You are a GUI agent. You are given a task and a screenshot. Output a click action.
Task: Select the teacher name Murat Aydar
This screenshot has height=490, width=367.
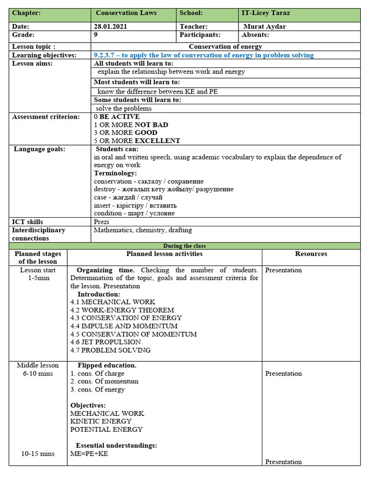pos(265,27)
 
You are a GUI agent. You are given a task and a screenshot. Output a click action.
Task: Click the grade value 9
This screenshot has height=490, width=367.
pos(96,35)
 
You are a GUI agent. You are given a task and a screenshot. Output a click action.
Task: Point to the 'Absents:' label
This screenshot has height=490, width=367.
pos(256,35)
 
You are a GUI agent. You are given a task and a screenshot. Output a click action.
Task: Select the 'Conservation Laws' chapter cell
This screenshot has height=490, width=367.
pos(126,13)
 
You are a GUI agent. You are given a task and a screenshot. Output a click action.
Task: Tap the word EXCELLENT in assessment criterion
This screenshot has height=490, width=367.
pos(157,141)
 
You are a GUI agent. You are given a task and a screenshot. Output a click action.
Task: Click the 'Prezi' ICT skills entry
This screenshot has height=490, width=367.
pos(102,222)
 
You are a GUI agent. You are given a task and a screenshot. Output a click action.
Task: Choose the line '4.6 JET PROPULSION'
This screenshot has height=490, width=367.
pos(106,342)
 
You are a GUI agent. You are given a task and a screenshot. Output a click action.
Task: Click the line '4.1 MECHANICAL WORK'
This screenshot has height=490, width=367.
pos(113,302)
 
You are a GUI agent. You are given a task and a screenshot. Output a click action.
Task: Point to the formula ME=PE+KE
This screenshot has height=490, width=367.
pos(89,454)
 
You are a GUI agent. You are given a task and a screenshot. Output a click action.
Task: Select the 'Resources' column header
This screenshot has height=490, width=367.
pos(311,254)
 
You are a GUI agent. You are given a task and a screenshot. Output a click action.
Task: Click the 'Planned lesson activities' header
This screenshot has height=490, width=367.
pos(164,254)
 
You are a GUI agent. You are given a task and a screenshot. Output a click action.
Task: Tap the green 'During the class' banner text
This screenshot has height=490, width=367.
pos(184,246)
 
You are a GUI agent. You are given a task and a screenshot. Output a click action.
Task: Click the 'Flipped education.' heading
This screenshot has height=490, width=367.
pos(107,366)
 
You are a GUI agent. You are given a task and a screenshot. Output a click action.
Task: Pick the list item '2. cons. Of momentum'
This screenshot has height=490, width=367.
pos(104,381)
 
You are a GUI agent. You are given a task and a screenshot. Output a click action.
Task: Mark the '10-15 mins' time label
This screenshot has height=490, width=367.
pos(38,454)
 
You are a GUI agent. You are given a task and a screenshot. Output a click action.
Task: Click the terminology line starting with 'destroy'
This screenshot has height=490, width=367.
pos(157,189)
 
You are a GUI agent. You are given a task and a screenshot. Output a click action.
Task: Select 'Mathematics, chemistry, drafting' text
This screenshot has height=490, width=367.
pos(143,230)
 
